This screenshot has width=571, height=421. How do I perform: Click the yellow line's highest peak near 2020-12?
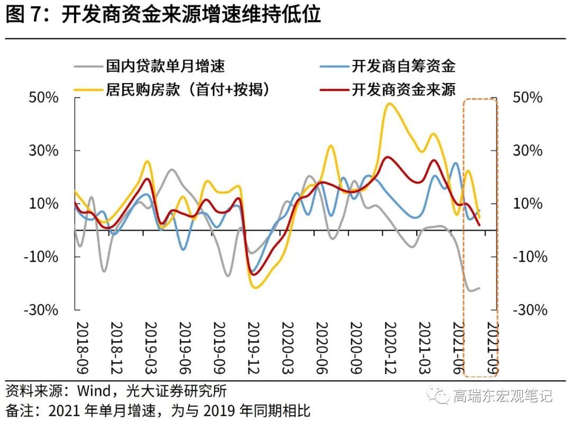[390, 104]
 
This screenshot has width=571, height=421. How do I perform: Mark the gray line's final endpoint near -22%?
[479, 288]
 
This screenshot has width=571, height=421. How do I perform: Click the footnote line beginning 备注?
[159, 410]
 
